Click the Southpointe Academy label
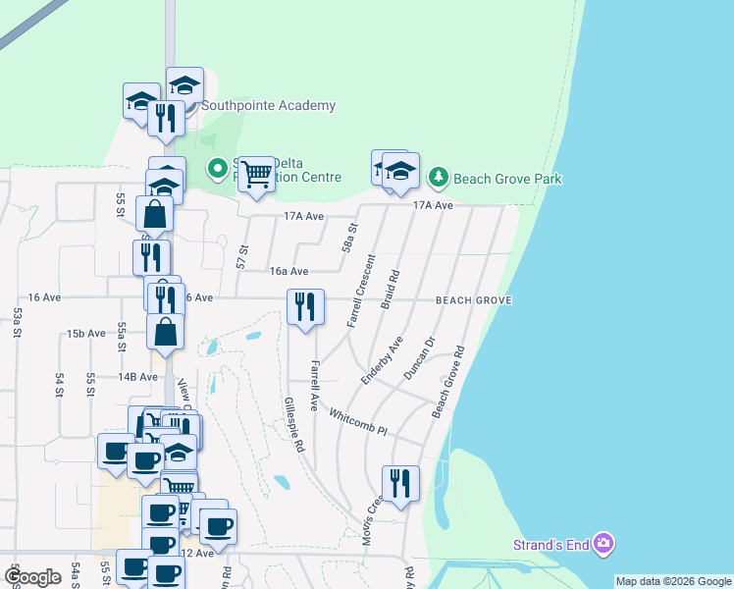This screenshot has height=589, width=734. [x=269, y=106]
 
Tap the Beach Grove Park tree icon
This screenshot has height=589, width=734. [x=438, y=179]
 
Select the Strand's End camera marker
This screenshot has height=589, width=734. [x=603, y=543]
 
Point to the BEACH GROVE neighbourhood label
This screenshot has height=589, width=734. [x=474, y=299]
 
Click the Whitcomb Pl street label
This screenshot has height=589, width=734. [x=358, y=423]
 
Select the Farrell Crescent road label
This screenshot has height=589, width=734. [x=361, y=291]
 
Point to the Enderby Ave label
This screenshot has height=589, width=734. [x=382, y=360]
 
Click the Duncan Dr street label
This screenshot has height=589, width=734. [x=418, y=359]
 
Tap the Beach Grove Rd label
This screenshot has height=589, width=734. [x=447, y=382]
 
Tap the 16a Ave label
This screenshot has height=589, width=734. [x=289, y=272]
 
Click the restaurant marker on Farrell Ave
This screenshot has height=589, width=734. [x=305, y=306]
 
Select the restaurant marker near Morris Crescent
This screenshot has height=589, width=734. [x=400, y=483]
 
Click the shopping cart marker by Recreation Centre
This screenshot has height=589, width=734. [x=256, y=174]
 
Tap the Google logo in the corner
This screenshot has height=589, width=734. [x=32, y=577]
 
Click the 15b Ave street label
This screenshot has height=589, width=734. [x=86, y=334]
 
